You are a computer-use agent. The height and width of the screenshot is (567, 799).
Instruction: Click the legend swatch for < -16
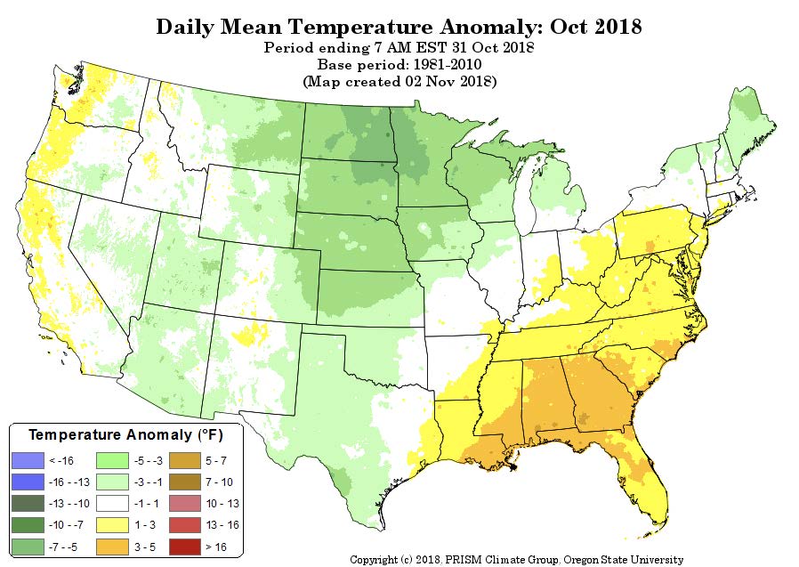pyautogui.click(x=28, y=460)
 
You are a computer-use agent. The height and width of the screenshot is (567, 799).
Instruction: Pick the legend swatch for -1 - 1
pyautogui.click(x=112, y=503)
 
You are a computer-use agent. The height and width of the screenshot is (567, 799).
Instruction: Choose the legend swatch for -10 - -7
pyautogui.click(x=28, y=525)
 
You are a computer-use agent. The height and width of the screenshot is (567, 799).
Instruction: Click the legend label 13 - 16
pyautogui.click(x=222, y=525)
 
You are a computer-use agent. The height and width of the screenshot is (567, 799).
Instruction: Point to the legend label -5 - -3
pyautogui.click(x=149, y=461)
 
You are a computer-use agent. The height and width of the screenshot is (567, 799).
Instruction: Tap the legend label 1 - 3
pyautogui.click(x=145, y=525)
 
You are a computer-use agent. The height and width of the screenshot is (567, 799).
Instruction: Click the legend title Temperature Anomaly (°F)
pyautogui.click(x=125, y=435)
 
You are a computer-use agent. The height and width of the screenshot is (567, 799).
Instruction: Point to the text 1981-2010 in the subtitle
pyautogui.click(x=448, y=65)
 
